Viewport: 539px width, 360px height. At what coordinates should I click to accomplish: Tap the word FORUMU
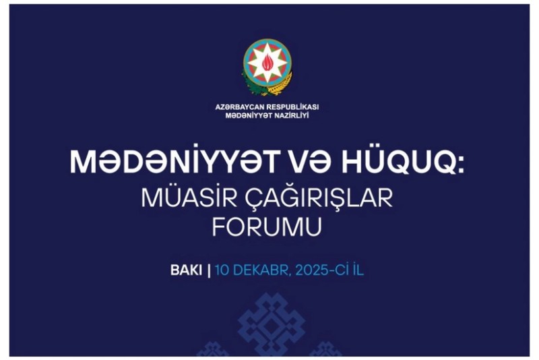[x=267, y=227]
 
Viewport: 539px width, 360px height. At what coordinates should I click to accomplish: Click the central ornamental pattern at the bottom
[x=269, y=324]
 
